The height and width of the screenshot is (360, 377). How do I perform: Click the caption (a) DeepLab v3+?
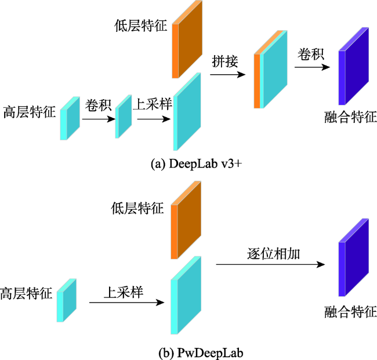(x=196, y=164)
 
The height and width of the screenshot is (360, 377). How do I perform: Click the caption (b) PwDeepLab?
(x=201, y=353)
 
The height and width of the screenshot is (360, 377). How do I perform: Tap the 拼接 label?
(x=225, y=61)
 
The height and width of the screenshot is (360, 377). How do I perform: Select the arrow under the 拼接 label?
(x=228, y=75)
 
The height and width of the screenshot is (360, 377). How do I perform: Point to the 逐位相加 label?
(x=273, y=253)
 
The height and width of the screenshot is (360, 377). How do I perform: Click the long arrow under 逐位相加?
(x=270, y=264)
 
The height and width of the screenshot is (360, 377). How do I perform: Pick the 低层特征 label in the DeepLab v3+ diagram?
(x=140, y=26)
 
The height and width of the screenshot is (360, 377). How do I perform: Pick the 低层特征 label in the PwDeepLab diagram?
(x=137, y=208)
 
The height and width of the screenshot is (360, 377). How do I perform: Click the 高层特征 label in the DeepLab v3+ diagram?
(x=30, y=112)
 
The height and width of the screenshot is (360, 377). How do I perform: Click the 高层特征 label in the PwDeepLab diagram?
(x=26, y=293)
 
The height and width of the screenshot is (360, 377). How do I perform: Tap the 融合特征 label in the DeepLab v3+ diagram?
(x=350, y=117)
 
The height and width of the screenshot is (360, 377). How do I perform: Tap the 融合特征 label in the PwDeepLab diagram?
(x=350, y=312)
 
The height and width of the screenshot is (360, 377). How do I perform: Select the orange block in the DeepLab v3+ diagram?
(x=187, y=39)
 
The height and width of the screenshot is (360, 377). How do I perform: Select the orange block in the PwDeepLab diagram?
(x=186, y=220)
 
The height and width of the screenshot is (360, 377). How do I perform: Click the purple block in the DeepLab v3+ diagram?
(x=354, y=66)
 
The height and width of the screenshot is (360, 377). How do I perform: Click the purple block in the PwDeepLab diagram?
(x=354, y=257)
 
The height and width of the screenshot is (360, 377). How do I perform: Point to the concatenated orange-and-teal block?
(x=271, y=69)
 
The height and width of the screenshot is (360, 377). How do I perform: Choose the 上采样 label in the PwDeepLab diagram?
(x=124, y=293)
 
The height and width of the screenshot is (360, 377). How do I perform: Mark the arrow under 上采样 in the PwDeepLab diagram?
(x=126, y=303)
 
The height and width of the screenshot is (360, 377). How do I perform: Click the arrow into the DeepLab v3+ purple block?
(x=312, y=67)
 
